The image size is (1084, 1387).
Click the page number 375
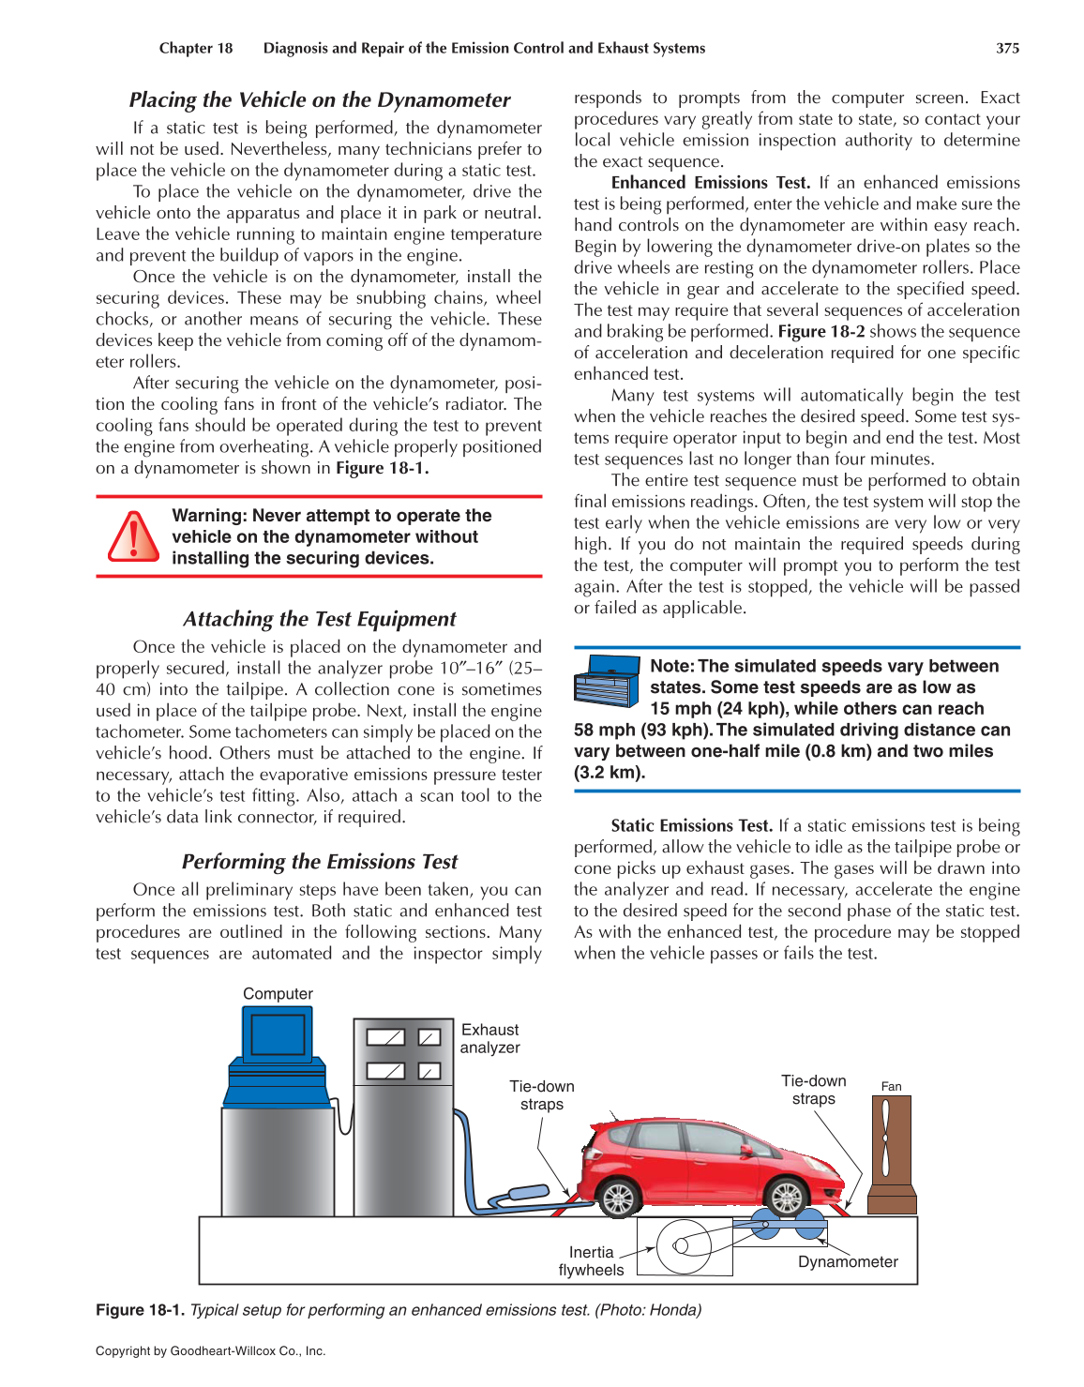click(x=1007, y=48)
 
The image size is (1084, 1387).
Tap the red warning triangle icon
click(x=133, y=537)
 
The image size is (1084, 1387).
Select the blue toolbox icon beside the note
click(x=606, y=681)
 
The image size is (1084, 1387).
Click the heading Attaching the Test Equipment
click(x=319, y=619)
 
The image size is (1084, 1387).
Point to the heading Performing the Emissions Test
click(x=319, y=862)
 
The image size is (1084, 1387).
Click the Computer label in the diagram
click(x=278, y=993)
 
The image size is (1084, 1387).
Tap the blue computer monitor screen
click(x=278, y=1035)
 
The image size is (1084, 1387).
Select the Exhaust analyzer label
click(x=489, y=1038)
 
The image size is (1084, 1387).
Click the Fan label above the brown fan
click(x=891, y=1087)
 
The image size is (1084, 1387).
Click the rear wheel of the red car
click(x=619, y=1198)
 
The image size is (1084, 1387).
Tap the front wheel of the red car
click(x=786, y=1198)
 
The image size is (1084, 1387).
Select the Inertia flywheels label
click(x=591, y=1261)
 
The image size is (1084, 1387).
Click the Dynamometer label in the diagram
click(x=848, y=1262)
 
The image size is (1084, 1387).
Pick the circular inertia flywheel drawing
click(x=684, y=1246)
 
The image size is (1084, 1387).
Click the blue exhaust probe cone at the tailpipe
click(x=527, y=1193)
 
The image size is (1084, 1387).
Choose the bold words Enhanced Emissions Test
click(x=711, y=183)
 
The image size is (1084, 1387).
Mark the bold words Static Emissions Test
click(x=691, y=826)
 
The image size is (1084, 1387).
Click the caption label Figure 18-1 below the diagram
click(x=140, y=1310)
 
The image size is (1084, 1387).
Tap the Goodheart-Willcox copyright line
click(x=210, y=1351)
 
